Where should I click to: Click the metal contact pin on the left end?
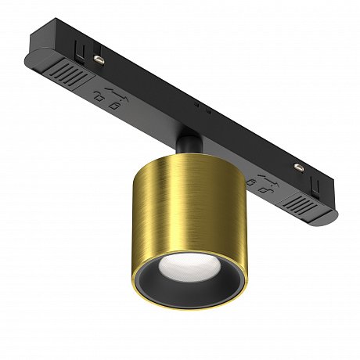(99, 57)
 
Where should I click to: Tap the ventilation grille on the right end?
(304, 204)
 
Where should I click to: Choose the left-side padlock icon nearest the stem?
(116, 104)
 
